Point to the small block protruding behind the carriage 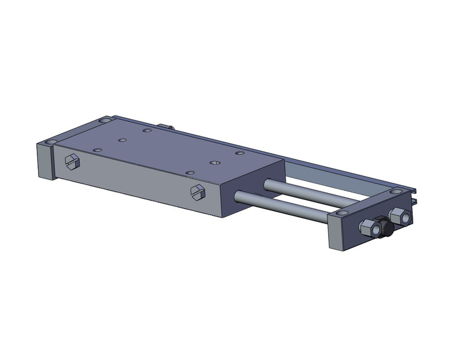click(166, 127)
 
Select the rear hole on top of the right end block click(400, 193)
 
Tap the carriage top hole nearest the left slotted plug click(96, 149)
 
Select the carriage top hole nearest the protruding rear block click(147, 130)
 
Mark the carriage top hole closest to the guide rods click(240, 153)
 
